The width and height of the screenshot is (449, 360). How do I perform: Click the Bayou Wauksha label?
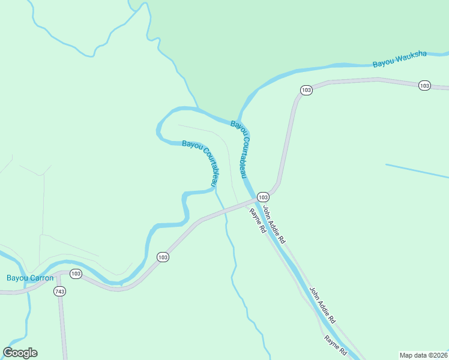coord(399,58)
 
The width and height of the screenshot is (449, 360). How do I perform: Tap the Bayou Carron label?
coord(30,278)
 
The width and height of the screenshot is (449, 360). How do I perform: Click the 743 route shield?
coord(59,292)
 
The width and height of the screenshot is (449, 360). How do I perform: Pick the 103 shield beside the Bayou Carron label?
coord(75,274)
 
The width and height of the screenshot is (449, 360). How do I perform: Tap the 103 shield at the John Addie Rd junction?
coord(263,197)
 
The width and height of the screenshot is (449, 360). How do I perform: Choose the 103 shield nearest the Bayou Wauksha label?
coord(424,86)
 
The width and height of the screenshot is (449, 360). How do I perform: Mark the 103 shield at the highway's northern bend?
coord(306,90)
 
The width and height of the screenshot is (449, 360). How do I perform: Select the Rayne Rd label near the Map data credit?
coord(336,344)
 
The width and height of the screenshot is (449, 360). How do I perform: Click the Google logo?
coord(20,353)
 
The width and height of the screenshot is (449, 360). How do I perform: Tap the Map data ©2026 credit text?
coord(423,355)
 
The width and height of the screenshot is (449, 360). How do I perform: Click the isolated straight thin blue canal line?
coord(417,171)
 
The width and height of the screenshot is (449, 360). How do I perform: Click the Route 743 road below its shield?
coord(62,327)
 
